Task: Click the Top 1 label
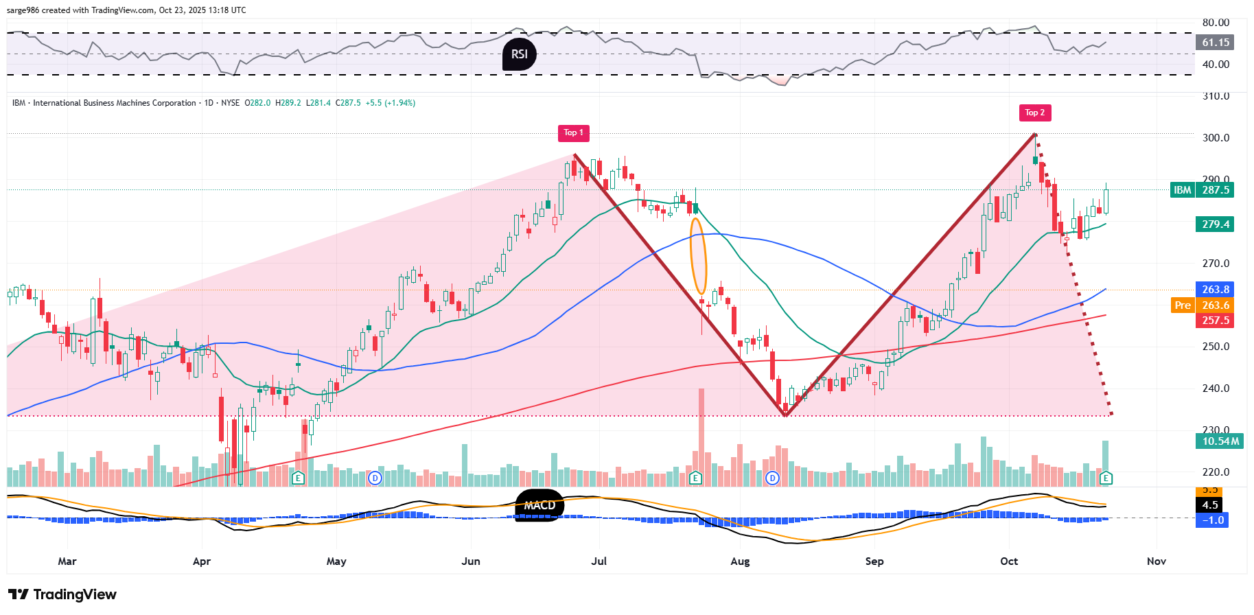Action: [574, 133]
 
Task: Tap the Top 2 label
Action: [1035, 113]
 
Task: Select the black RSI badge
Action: [520, 54]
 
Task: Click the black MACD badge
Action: [539, 505]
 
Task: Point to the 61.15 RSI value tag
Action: [1215, 43]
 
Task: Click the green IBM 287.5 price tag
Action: [1202, 190]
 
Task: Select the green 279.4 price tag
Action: [1215, 224]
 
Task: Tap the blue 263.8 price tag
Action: [1215, 290]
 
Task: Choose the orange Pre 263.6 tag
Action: [1202, 305]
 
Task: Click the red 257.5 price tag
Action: [1215, 321]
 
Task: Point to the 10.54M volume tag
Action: [1220, 441]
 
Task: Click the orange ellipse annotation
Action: [698, 256]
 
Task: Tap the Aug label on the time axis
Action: [740, 561]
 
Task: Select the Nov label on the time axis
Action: [1157, 561]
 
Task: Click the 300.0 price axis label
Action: [1216, 138]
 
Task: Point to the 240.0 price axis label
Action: [1216, 388]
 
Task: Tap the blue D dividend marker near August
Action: [773, 478]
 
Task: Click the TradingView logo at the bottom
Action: [62, 594]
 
